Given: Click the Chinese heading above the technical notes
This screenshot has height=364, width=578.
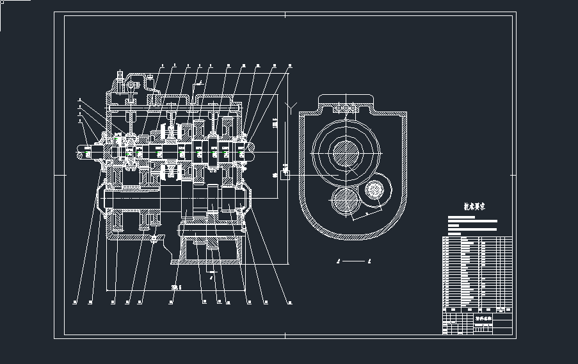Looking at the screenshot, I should tap(474, 206).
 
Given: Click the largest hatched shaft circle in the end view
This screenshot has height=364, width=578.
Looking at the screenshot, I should tap(345, 153).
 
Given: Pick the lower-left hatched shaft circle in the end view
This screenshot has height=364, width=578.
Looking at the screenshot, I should tap(346, 204).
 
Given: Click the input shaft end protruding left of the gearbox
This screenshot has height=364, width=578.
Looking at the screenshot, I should tap(83, 153).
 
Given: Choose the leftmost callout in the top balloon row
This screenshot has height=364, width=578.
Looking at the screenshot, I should tap(163, 65).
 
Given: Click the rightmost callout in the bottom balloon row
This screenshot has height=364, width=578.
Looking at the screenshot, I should tap(289, 302).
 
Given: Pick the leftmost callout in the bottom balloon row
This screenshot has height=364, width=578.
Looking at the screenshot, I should tap(75, 302).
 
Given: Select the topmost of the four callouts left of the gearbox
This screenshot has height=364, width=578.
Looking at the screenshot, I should tap(79, 99).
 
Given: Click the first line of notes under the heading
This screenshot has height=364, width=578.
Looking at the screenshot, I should tap(462, 217).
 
